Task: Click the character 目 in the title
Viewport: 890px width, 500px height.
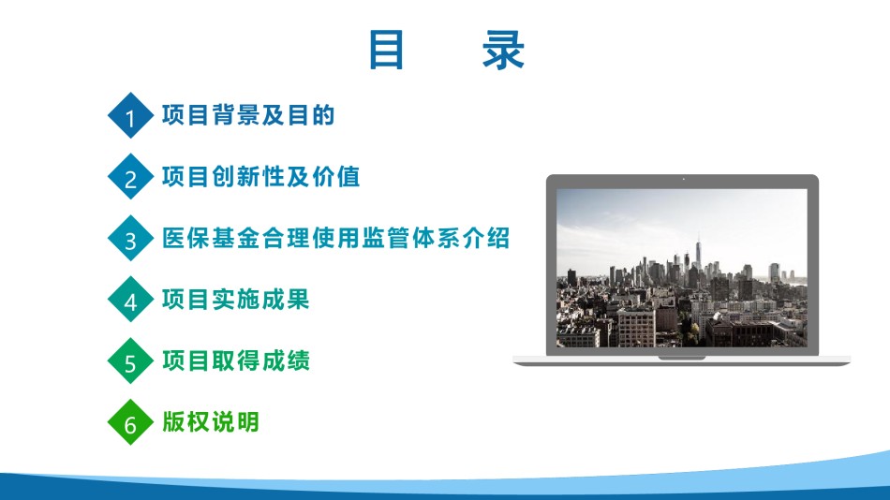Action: [x=387, y=50]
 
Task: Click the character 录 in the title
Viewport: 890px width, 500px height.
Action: [x=503, y=50]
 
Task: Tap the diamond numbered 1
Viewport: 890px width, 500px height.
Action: [x=130, y=115]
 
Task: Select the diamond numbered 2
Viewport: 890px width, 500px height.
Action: [x=130, y=177]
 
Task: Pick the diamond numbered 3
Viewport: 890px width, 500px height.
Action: [x=130, y=238]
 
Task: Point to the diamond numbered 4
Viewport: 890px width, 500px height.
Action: [x=130, y=299]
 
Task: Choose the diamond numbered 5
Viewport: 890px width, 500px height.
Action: [x=130, y=360]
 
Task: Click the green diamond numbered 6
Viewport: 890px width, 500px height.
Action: [x=130, y=421]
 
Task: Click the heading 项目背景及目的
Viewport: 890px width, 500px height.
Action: [x=248, y=115]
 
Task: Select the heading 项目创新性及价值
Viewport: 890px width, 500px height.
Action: [x=260, y=177]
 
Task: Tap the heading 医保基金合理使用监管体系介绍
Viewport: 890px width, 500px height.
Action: [x=335, y=238]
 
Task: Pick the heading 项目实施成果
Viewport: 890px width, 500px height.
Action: [x=235, y=299]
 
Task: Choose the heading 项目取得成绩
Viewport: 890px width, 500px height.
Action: [x=235, y=360]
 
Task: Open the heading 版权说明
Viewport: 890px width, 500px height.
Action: [x=211, y=421]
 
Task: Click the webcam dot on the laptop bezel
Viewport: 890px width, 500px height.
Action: [x=683, y=180]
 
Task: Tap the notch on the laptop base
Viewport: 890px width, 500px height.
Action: [x=682, y=358]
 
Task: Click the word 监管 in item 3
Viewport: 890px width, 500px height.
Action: [x=385, y=238]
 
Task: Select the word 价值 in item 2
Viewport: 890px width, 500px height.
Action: [x=335, y=177]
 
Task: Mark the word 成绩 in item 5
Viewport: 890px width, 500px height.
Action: [x=286, y=360]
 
